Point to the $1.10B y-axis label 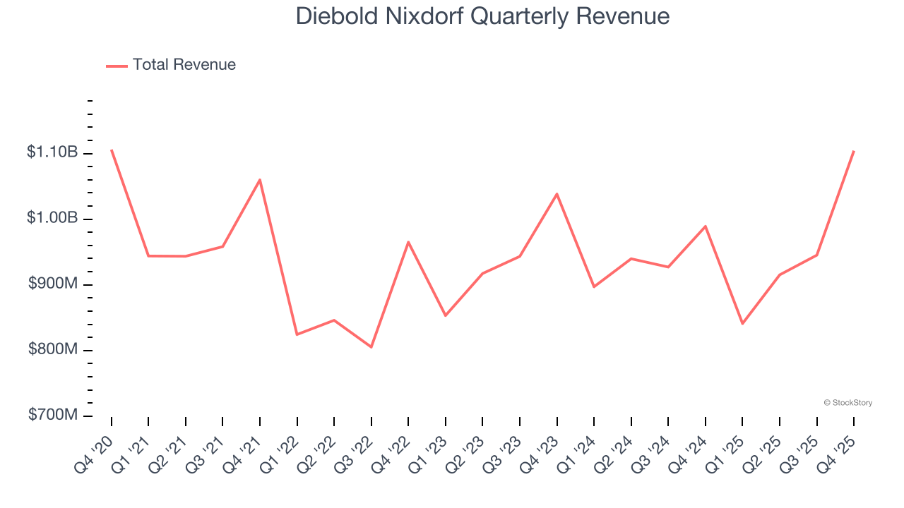coord(52,152)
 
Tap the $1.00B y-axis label coord(52,217)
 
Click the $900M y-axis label coord(53,284)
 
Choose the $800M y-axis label coord(53,349)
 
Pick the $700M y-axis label coord(53,415)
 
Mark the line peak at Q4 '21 coord(260,180)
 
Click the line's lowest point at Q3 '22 coord(371,346)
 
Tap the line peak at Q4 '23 coord(557,194)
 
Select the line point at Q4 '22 coord(408,242)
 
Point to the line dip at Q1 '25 coord(742,323)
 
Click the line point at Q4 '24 coord(706,226)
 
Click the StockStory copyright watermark coord(848,403)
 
